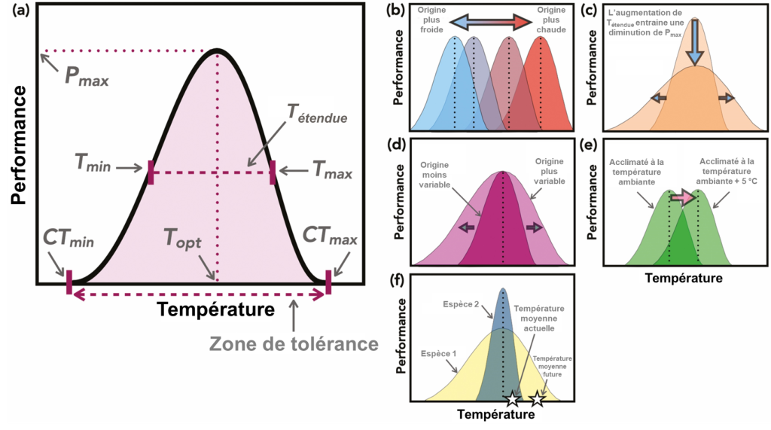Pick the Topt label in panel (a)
[184, 241]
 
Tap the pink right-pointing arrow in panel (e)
[684, 197]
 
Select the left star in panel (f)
[512, 398]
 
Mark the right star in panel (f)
[537, 398]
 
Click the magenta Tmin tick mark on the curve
[151, 172]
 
